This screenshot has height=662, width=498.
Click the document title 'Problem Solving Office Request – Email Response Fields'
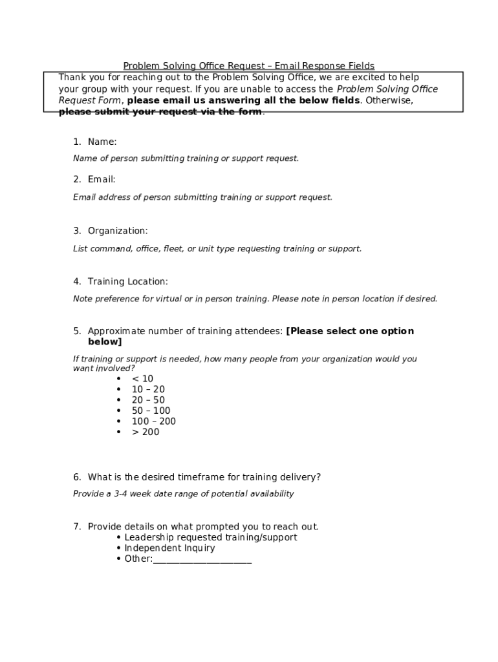[x=249, y=66]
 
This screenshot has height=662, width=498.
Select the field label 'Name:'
[x=102, y=142]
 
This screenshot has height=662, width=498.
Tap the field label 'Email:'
[x=102, y=180]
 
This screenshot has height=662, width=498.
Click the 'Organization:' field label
[x=118, y=231]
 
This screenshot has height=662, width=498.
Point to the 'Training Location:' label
[x=127, y=281]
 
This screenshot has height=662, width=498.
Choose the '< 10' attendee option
[x=143, y=379]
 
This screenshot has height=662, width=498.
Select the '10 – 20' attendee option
[x=148, y=390]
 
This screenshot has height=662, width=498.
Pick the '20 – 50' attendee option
[x=148, y=400]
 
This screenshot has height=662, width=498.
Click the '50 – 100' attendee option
[x=151, y=411]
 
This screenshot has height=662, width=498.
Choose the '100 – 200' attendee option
[x=153, y=422]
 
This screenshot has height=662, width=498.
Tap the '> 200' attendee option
[x=146, y=432]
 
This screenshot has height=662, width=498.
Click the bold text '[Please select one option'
[x=349, y=331]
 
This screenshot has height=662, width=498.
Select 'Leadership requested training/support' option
[x=211, y=537]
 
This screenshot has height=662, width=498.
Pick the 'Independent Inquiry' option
[x=169, y=548]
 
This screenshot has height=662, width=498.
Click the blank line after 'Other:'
[x=202, y=559]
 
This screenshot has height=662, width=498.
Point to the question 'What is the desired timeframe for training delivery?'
[x=204, y=477]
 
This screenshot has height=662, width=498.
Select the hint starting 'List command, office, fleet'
[x=217, y=248]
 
